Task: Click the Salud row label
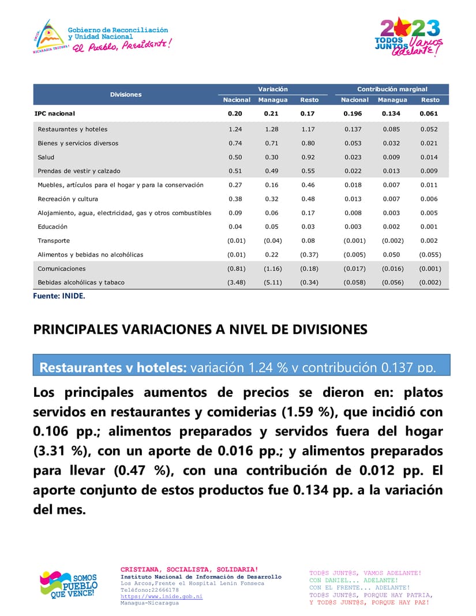point(46,157)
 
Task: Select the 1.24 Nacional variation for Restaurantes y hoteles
point(235,129)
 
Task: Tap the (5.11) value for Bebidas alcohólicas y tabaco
point(272,283)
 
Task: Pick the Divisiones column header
point(126,94)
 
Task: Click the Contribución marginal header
point(392,89)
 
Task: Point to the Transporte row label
point(54,241)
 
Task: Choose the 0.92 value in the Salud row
point(308,157)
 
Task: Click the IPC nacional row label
point(55,114)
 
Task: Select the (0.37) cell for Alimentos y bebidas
point(309,254)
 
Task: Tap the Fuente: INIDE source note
point(59,295)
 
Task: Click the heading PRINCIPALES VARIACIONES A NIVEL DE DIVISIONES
point(200,329)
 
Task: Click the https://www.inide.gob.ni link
point(162,596)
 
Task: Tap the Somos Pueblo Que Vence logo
point(68,584)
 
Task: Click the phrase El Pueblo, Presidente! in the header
point(121,45)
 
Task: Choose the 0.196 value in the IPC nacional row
point(353,114)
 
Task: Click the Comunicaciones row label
point(62,269)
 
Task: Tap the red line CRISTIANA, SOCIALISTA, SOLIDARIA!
point(189,570)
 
